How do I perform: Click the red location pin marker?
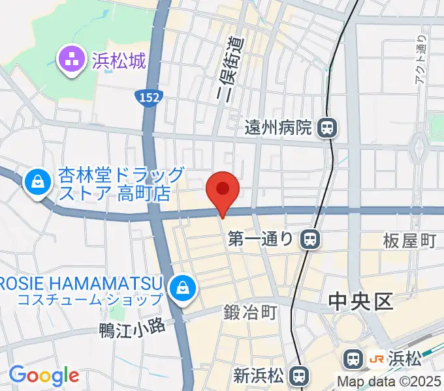223,190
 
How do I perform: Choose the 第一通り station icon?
311,240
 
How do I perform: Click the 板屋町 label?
409,240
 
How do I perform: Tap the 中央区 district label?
359,302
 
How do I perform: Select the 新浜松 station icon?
299,375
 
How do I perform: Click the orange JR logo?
376,358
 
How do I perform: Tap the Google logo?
44,375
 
